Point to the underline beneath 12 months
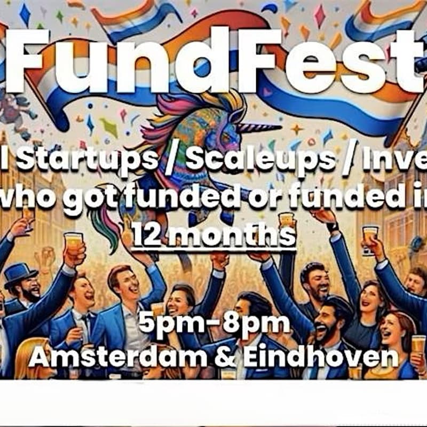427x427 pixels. coord(213,247)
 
